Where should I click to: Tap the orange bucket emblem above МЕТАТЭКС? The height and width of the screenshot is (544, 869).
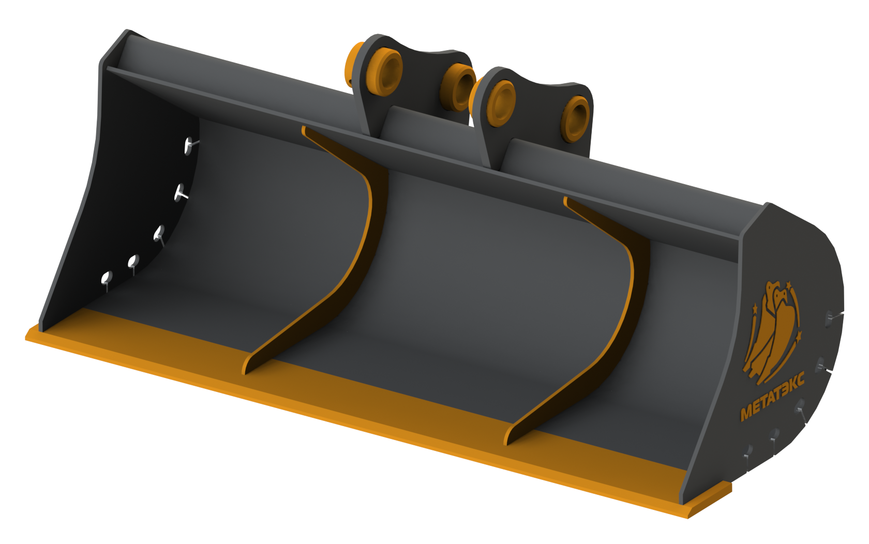tap(771, 332)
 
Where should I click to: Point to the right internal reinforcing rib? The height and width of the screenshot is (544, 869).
tap(577, 320)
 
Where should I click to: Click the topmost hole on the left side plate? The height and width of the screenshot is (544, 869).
tap(189, 145)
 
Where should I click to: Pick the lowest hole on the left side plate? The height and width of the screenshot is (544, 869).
tap(107, 278)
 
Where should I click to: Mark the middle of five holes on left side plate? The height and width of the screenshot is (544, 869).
tap(159, 233)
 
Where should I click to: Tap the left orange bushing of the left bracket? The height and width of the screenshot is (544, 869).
tap(386, 72)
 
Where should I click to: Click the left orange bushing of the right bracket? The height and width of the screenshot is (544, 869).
tap(501, 103)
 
